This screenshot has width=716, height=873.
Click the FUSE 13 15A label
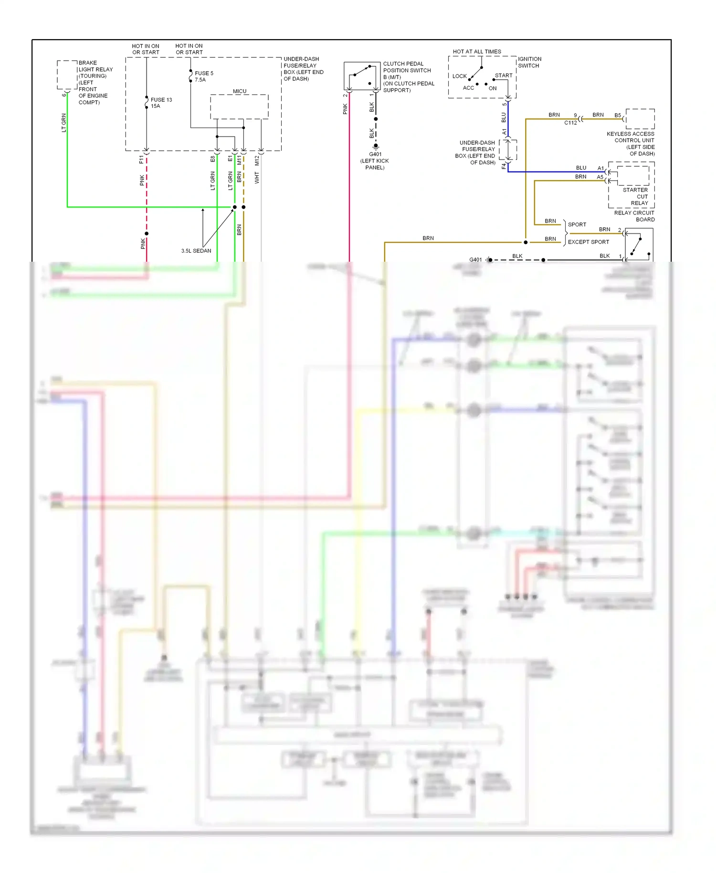161,103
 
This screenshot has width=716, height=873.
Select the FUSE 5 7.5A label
204,76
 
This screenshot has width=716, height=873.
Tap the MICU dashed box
239,106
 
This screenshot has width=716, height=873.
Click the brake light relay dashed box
67,75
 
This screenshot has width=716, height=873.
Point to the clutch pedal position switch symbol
361,76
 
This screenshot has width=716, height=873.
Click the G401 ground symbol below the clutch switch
376,146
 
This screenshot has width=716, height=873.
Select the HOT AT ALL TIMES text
477,52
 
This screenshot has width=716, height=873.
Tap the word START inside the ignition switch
503,75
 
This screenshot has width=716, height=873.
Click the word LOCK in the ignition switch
459,76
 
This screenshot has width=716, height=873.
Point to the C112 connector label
570,123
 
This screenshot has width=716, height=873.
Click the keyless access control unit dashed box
640,119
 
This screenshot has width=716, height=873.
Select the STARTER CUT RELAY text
635,196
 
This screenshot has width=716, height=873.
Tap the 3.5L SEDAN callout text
196,251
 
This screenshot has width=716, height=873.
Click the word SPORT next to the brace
577,224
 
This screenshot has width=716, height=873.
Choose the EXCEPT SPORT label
588,242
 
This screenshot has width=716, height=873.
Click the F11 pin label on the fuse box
141,159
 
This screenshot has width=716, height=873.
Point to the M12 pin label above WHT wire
257,160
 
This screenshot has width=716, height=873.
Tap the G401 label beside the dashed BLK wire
475,260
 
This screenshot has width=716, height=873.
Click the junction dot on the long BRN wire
526,242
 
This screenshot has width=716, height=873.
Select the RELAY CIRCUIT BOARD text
634,216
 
